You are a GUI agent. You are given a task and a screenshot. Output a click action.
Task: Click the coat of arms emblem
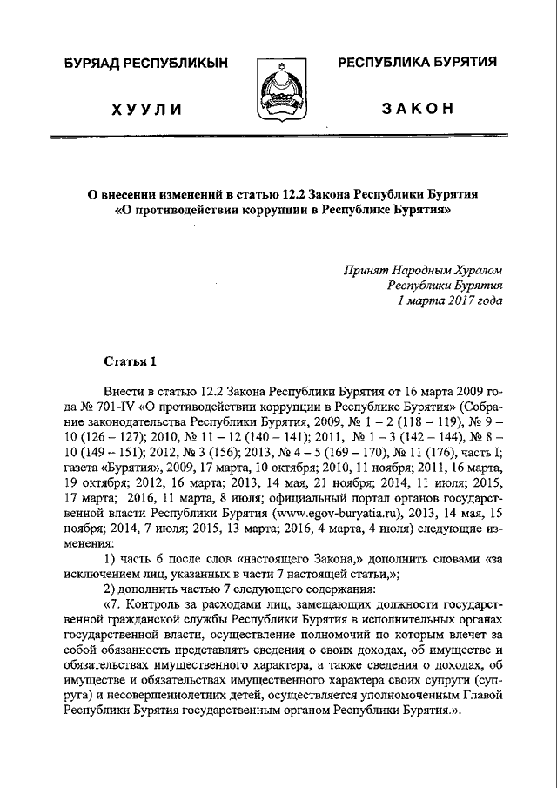tap(278, 91)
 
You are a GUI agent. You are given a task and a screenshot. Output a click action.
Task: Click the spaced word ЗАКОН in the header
tap(417, 109)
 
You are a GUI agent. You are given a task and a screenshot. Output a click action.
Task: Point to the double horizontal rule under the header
tap(278, 138)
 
